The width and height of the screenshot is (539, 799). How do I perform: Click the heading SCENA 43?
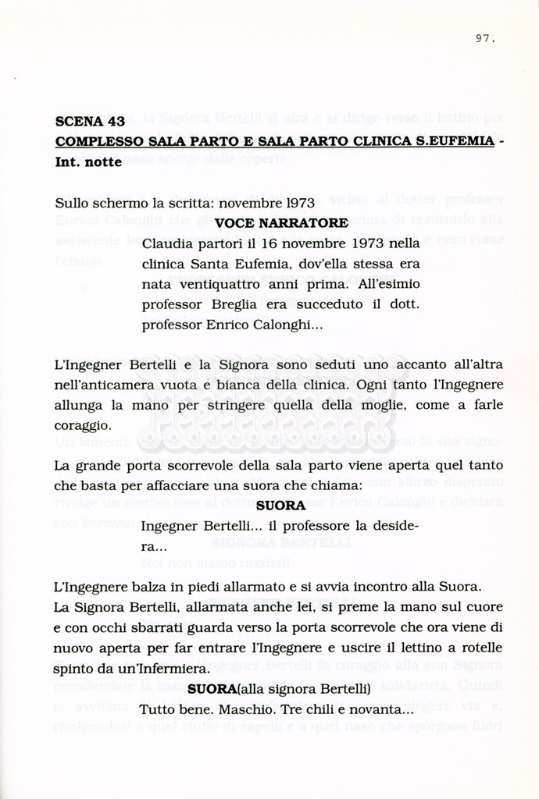click(90, 122)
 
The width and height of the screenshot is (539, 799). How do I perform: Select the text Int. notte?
click(88, 162)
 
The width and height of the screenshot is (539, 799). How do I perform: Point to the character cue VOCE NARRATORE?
click(281, 223)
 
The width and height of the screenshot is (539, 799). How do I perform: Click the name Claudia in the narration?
click(166, 243)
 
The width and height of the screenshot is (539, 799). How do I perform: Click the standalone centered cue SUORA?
click(280, 506)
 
